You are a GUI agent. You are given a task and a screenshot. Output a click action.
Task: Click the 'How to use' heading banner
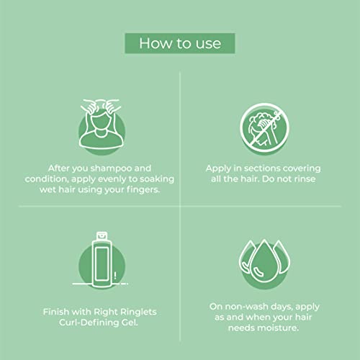click(x=180, y=43)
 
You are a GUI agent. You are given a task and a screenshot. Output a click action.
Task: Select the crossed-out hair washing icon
click(x=264, y=127)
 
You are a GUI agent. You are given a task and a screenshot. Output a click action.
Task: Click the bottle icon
click(x=102, y=261)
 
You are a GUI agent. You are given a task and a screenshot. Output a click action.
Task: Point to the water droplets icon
click(x=264, y=263)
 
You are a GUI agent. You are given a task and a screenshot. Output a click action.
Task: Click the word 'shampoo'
click(x=112, y=168)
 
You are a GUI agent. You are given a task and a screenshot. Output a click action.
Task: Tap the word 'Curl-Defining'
click(x=89, y=323)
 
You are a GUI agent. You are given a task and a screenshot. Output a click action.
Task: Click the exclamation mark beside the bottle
click(x=115, y=275)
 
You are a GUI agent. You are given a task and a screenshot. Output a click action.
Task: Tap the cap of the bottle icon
click(x=102, y=235)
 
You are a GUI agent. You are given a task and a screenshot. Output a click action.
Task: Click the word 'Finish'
click(x=56, y=312)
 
